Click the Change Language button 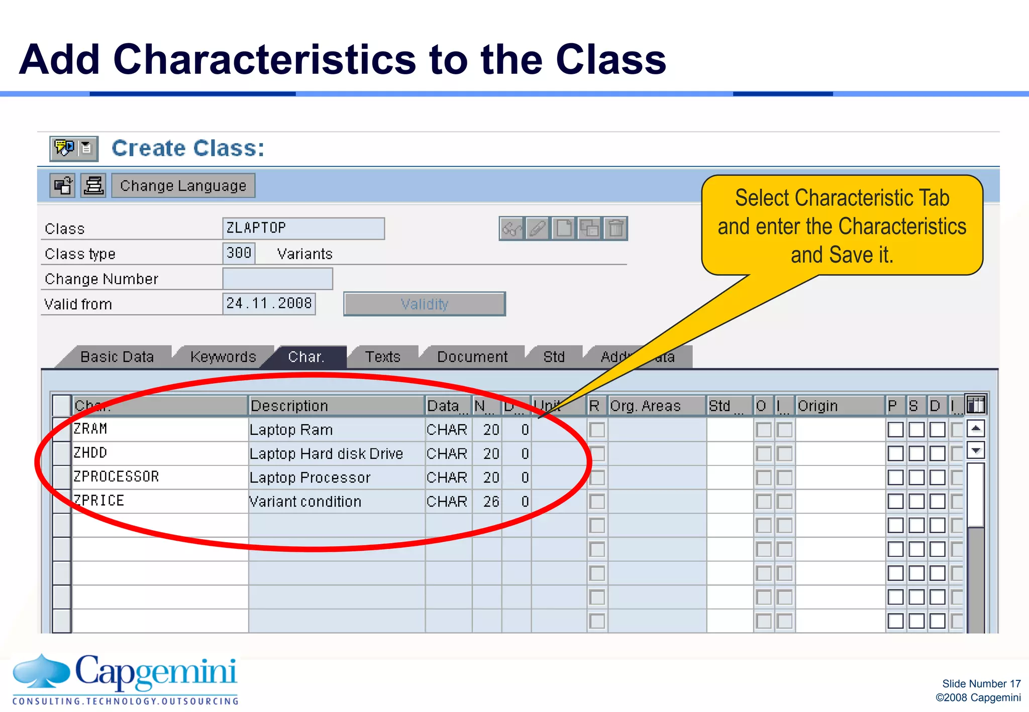pos(183,186)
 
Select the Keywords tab pos(223,357)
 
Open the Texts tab pos(383,357)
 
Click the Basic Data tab pos(117,357)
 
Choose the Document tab pos(472,357)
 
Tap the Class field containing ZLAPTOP pos(303,228)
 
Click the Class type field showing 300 pos(239,253)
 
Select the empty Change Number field pos(277,279)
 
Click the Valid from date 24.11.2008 pos(269,304)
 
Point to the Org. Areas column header pos(646,406)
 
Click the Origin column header pos(818,406)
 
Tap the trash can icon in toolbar pos(615,229)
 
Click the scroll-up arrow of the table pos(975,429)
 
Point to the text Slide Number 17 pos(981,684)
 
